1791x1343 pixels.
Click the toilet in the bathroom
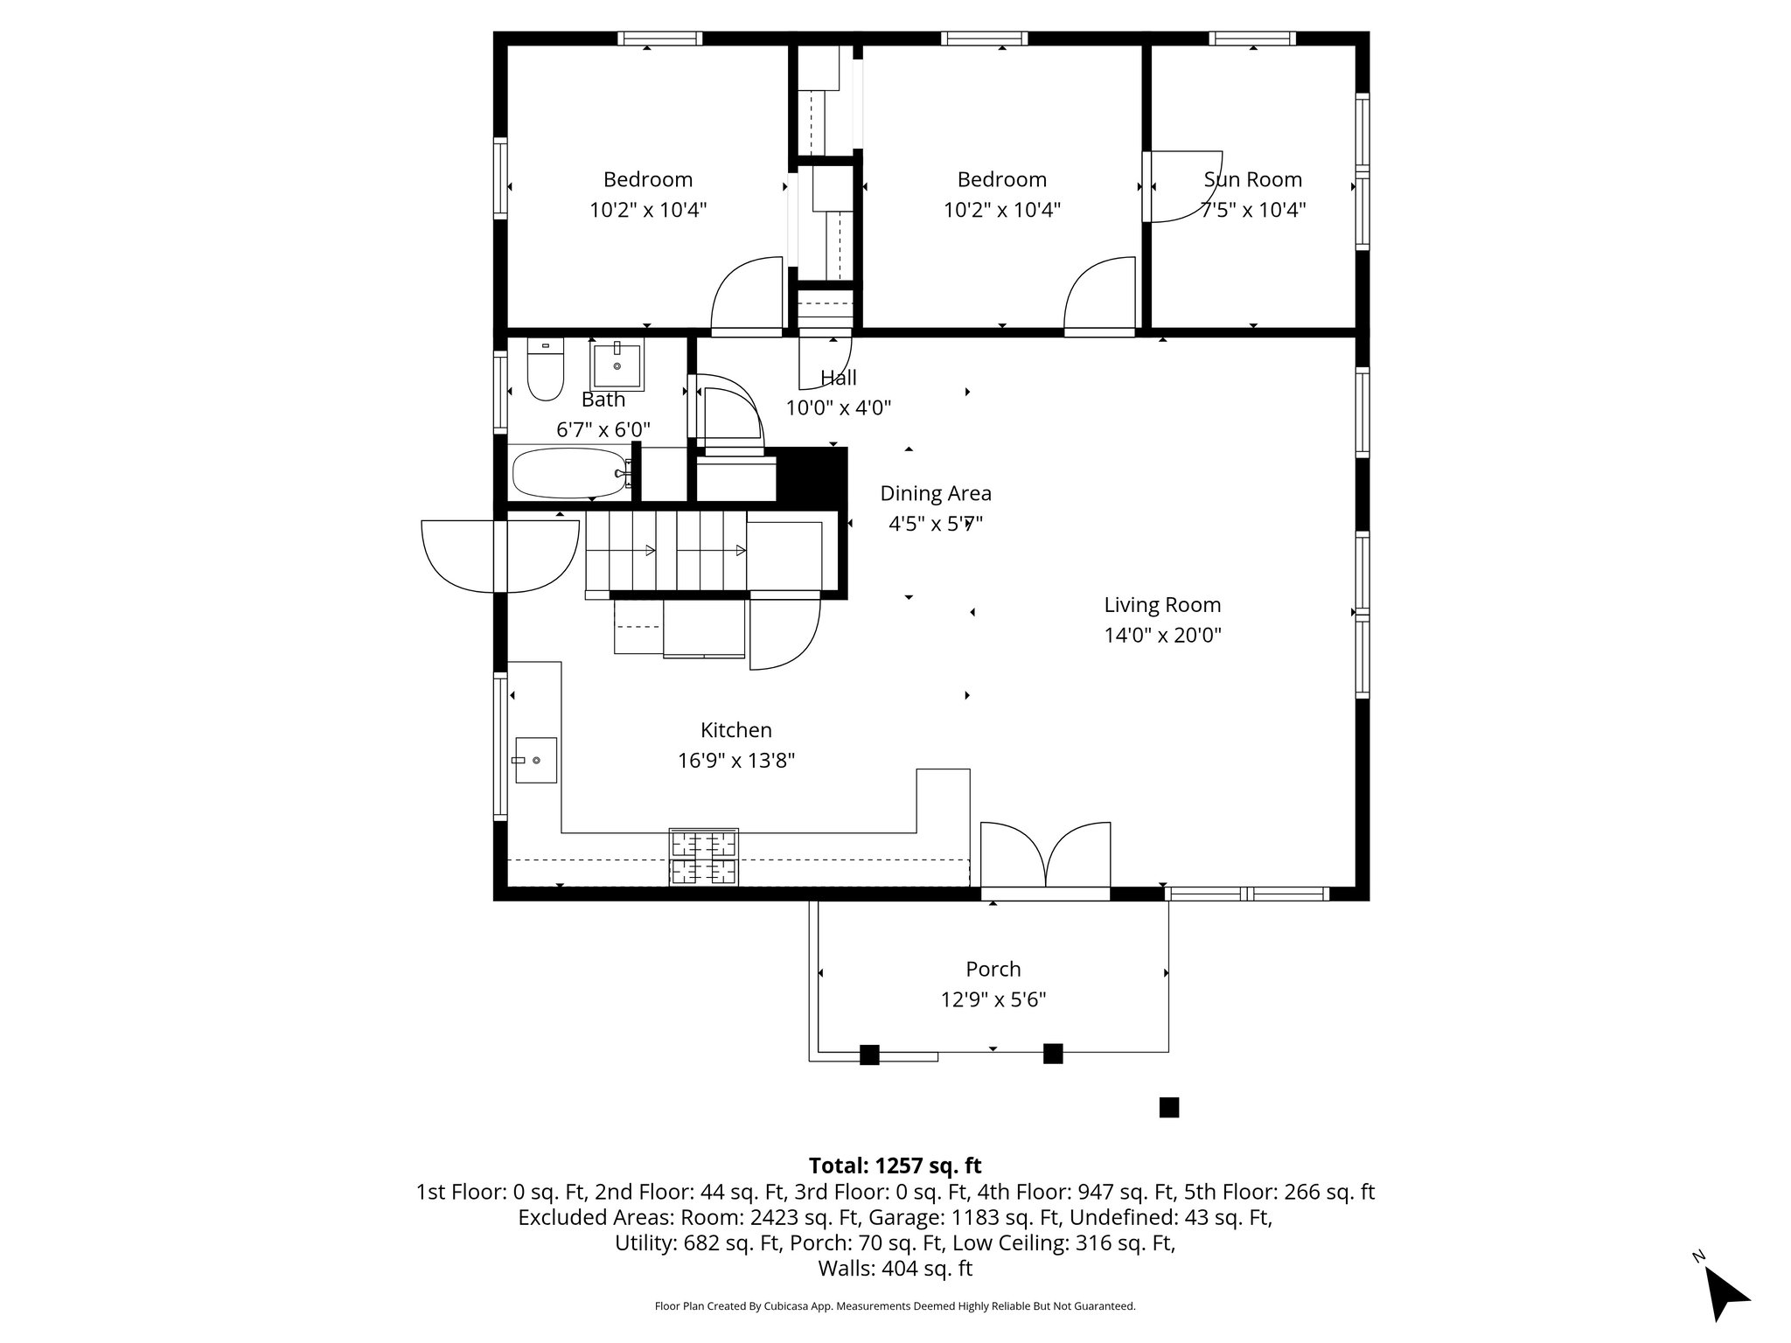[x=546, y=371]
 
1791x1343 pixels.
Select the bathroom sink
[x=617, y=366]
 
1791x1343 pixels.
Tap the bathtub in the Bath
[x=569, y=473]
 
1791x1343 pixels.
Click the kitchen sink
[x=535, y=760]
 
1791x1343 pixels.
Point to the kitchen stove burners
[x=704, y=857]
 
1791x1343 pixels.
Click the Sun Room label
[x=1252, y=179]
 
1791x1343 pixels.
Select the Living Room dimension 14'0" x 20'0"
[x=1162, y=635]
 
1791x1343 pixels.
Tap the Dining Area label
[x=935, y=493]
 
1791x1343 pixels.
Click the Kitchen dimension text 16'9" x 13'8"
[x=735, y=761]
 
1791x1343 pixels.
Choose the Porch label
[x=993, y=969]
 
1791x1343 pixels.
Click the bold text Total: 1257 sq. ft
[x=895, y=1166]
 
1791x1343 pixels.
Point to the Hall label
[x=838, y=378]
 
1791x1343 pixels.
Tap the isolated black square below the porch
[x=1168, y=1108]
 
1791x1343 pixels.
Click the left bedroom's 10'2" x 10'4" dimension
[x=647, y=210]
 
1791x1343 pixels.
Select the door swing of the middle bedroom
[x=1099, y=294]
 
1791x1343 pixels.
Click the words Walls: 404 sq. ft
[x=895, y=1269]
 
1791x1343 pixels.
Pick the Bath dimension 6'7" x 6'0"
[x=603, y=430]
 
